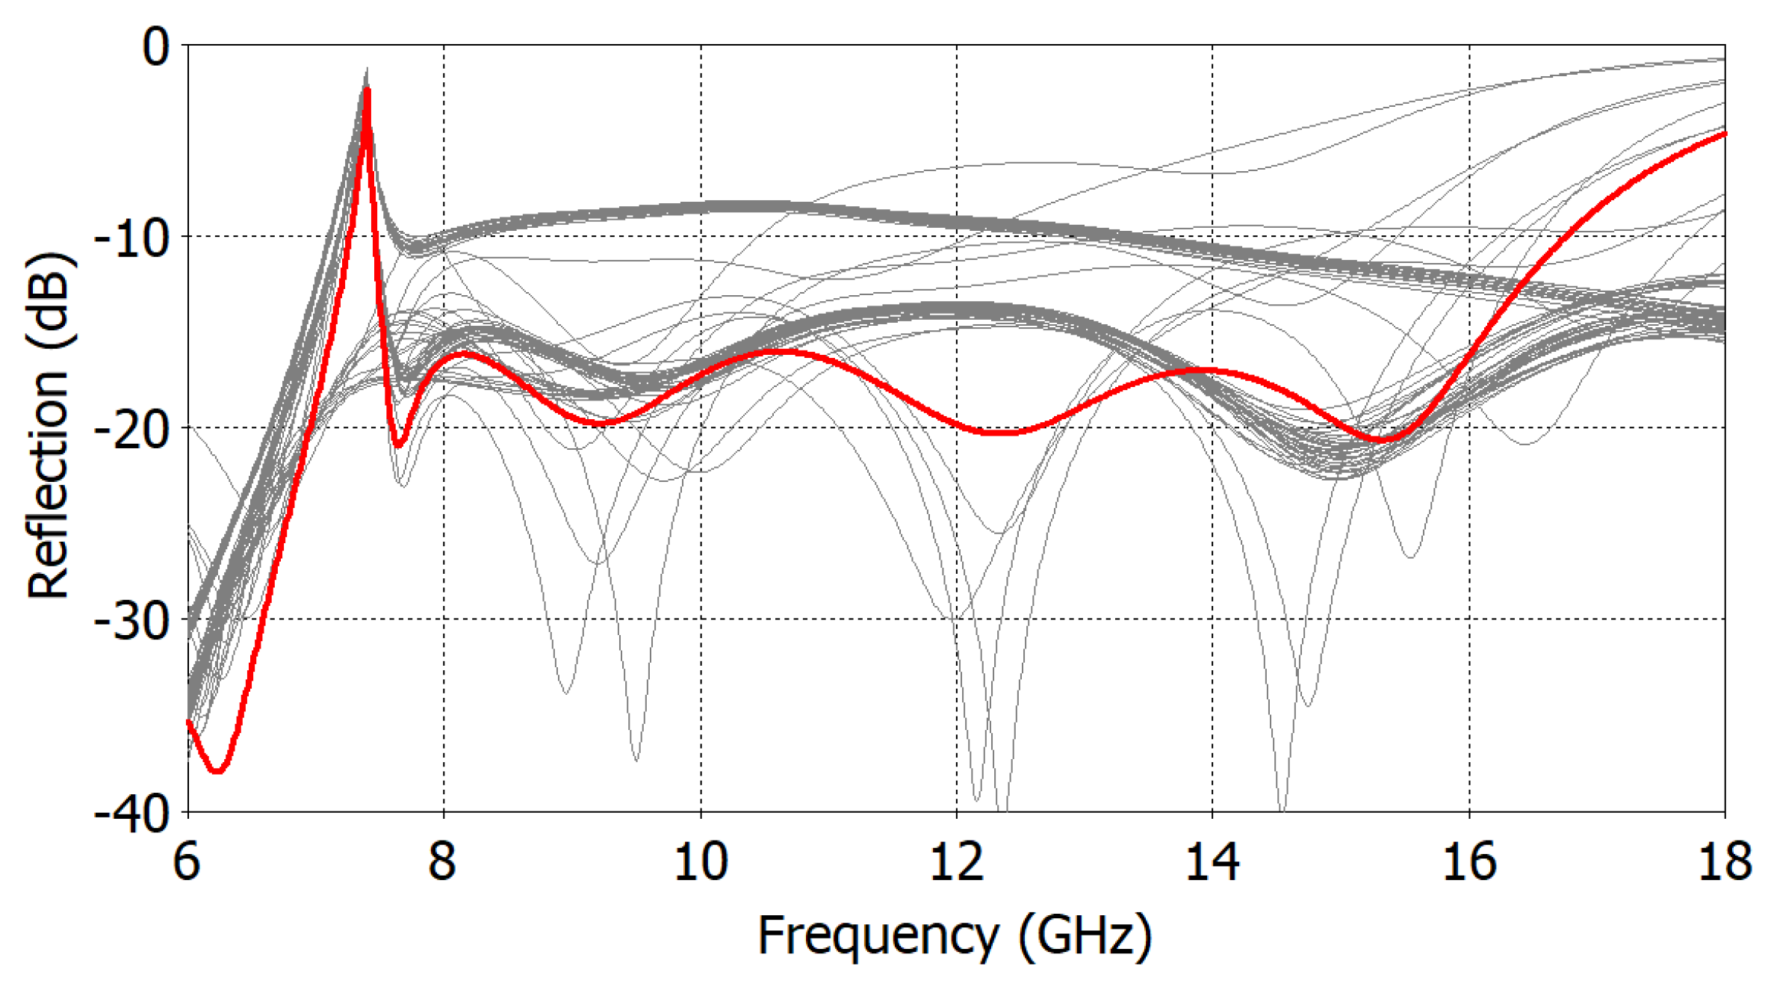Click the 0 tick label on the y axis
[x=156, y=48]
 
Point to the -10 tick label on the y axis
[x=131, y=240]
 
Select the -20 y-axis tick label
[x=131, y=431]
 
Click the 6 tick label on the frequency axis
[x=187, y=861]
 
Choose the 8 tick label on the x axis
[x=442, y=861]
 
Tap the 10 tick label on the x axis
[x=700, y=861]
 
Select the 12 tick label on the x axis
[x=956, y=861]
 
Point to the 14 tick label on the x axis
[x=1212, y=861]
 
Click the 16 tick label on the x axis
[x=1469, y=861]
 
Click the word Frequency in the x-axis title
[x=878, y=935]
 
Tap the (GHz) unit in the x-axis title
[x=1085, y=935]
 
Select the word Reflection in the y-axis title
[x=48, y=478]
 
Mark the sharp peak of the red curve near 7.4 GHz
[x=367, y=90]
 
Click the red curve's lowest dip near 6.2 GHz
[x=217, y=771]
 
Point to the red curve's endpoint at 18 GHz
[x=1725, y=133]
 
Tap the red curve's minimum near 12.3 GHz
[x=1001, y=433]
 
